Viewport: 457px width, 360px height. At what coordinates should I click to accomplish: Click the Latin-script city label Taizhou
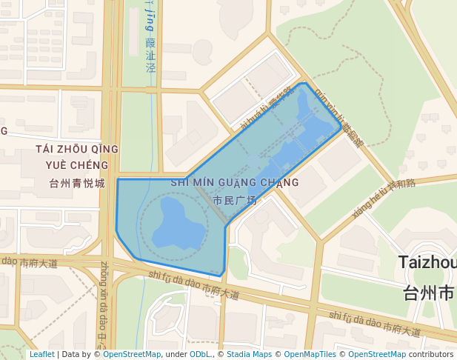pos(427,262)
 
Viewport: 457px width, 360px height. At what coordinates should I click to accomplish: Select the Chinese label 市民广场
pos(234,200)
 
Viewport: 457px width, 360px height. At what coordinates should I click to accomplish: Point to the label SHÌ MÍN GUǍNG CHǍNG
pos(234,182)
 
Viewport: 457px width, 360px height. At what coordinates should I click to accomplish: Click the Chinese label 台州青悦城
pos(76,183)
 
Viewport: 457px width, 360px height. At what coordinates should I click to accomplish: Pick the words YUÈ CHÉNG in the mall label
pos(76,165)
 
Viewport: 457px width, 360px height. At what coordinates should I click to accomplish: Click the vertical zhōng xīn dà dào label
pos(104,304)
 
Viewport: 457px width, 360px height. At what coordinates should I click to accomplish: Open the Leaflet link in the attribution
pos(42,354)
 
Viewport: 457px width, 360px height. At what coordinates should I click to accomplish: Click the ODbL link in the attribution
pos(200,354)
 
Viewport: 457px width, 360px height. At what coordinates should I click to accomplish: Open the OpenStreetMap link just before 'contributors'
pos(377,354)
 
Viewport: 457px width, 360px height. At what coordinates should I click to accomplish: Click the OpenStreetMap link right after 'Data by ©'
pos(132,354)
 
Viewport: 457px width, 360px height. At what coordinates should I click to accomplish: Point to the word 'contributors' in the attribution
pos(431,354)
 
